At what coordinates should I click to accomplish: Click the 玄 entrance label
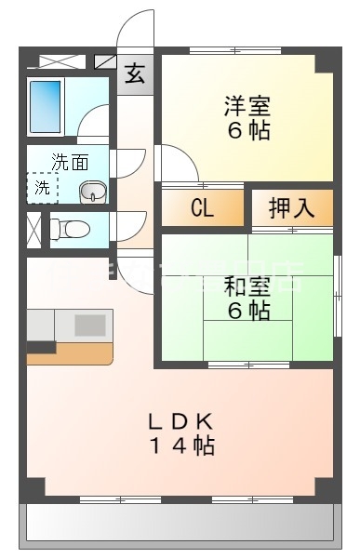pyautogui.click(x=136, y=74)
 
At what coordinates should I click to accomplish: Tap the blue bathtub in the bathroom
pyautogui.click(x=45, y=107)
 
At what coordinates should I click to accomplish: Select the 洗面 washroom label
pyautogui.click(x=70, y=161)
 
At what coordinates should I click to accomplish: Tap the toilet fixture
pyautogui.click(x=68, y=228)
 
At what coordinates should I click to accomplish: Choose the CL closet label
pyautogui.click(x=202, y=208)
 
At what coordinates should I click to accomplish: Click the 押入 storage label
pyautogui.click(x=291, y=208)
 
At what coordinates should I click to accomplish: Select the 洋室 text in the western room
pyautogui.click(x=247, y=105)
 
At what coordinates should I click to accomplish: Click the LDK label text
pyautogui.click(x=181, y=419)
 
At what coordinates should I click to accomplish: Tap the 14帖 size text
pyautogui.click(x=181, y=445)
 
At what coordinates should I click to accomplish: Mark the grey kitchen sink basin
pyautogui.click(x=90, y=325)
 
